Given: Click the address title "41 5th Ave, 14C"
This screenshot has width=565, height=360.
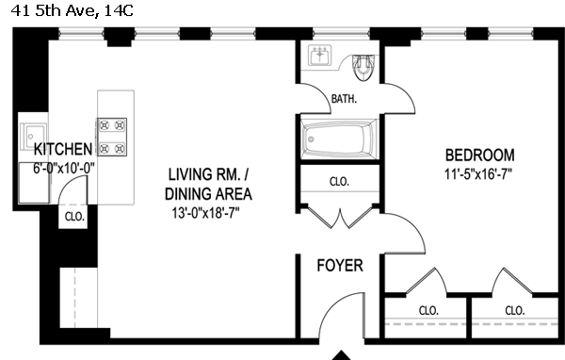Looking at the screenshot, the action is [x=73, y=10].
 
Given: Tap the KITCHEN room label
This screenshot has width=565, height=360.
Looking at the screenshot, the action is [x=63, y=149].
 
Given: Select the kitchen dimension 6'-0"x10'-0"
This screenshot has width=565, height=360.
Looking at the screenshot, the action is [x=64, y=168].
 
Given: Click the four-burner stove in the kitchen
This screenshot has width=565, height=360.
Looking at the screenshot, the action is [x=112, y=137].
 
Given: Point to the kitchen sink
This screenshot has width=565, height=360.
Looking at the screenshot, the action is [x=34, y=136].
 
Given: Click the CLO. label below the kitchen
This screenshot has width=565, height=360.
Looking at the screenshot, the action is [x=74, y=217].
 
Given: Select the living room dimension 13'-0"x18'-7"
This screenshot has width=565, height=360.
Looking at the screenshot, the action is [x=205, y=213].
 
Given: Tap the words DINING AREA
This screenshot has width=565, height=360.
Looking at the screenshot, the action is [x=208, y=194].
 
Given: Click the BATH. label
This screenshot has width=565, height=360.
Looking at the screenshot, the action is [x=344, y=98].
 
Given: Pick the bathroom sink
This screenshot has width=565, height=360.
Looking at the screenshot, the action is [x=319, y=56].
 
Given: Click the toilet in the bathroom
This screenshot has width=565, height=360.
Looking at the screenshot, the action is [x=363, y=68].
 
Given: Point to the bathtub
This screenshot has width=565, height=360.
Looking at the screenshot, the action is [x=339, y=139].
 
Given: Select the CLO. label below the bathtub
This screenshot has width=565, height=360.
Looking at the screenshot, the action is [x=339, y=182].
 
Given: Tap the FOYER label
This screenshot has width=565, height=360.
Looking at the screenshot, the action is [x=340, y=266].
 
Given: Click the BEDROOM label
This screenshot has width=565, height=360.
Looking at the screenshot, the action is [x=480, y=155].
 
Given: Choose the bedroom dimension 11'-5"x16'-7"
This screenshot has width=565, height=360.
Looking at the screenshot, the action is [x=478, y=174].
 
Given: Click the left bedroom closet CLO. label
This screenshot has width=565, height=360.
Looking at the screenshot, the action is [x=428, y=311].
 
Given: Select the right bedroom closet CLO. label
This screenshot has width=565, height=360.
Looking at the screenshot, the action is [x=515, y=311].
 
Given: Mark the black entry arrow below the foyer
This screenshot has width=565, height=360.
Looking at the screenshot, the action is [x=341, y=355].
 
